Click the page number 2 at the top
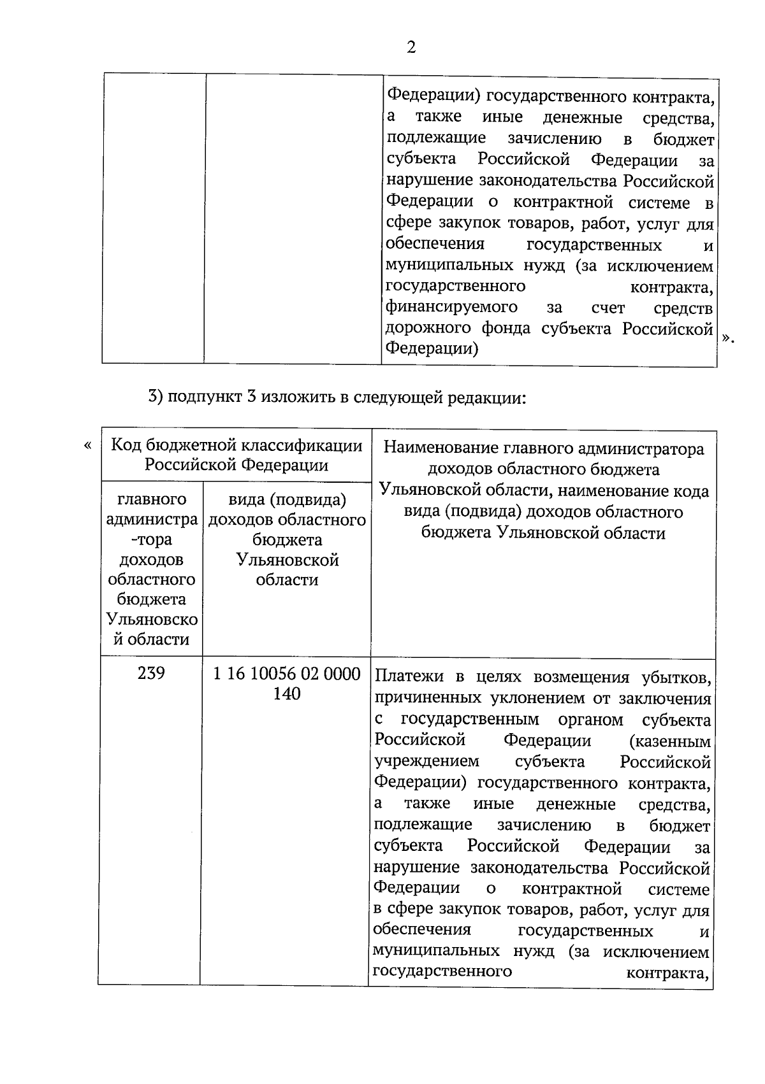pos(411,47)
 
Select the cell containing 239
pos(151,673)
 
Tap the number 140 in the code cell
pos(287,694)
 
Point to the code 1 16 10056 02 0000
pos(287,674)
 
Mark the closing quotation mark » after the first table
pos(728,338)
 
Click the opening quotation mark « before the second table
pos(87,445)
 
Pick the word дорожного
pos(429,329)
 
